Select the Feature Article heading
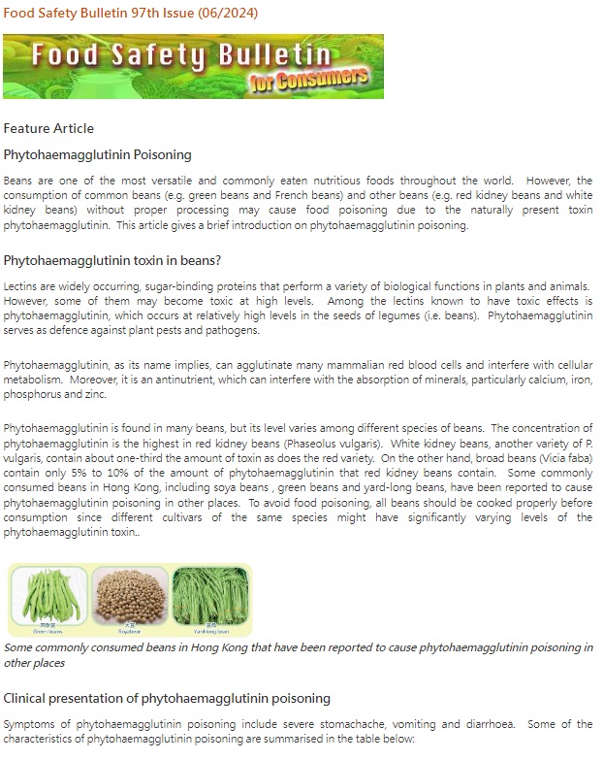pyautogui.click(x=48, y=128)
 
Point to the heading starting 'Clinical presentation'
pyautogui.click(x=167, y=698)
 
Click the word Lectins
pyautogui.click(x=21, y=286)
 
